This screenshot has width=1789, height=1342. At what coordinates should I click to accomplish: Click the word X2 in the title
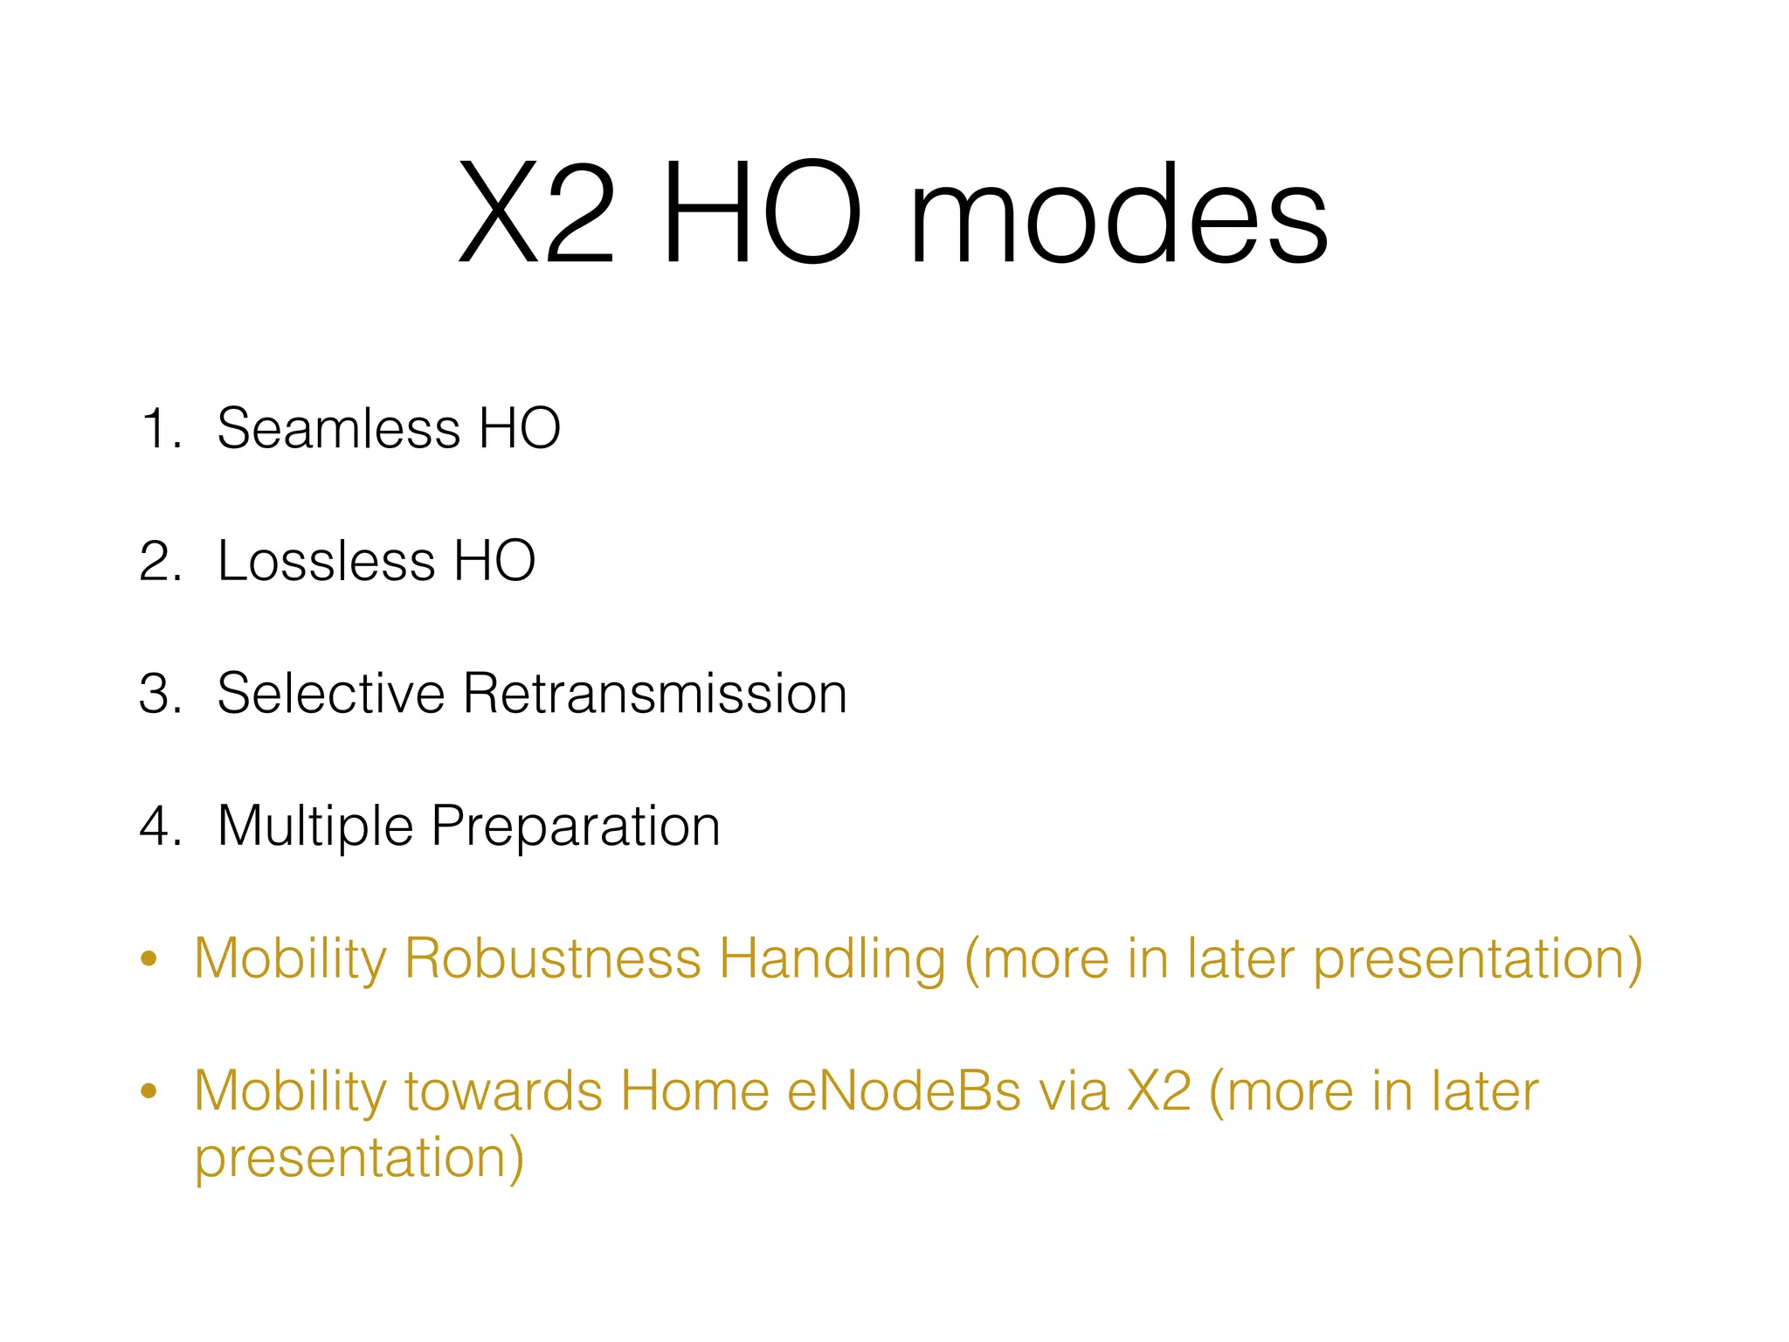point(536,214)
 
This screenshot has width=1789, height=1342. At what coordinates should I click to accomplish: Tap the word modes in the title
point(1118,214)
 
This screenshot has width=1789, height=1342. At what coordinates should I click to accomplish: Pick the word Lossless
point(326,561)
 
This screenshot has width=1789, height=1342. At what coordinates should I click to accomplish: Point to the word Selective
point(331,694)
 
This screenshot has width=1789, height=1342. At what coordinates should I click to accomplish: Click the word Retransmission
point(655,694)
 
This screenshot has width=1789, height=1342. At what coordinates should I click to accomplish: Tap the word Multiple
point(315,827)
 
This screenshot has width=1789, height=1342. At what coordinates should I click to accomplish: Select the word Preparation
point(576,827)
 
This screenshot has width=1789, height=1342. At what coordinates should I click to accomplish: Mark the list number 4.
point(160,827)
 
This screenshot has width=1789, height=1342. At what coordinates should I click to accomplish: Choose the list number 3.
point(160,694)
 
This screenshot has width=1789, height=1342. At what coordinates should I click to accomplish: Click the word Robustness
point(552,959)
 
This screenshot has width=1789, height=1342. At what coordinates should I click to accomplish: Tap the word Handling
point(832,959)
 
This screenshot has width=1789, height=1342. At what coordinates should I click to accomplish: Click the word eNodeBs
point(903,1091)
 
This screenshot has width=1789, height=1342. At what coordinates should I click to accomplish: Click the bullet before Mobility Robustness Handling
point(149,959)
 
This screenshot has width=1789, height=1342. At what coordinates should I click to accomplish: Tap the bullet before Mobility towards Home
point(149,1091)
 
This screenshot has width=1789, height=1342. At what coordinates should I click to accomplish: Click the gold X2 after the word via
point(1158,1091)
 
